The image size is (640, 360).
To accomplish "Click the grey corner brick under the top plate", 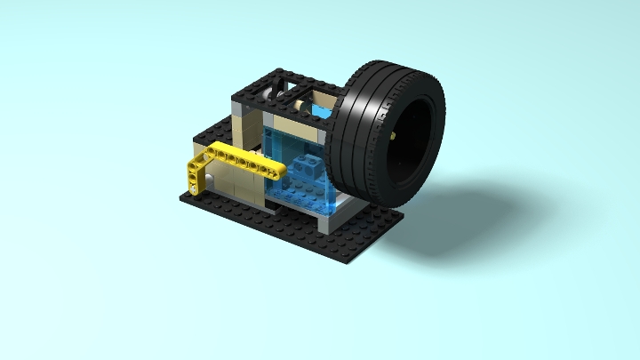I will [x=239, y=111].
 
